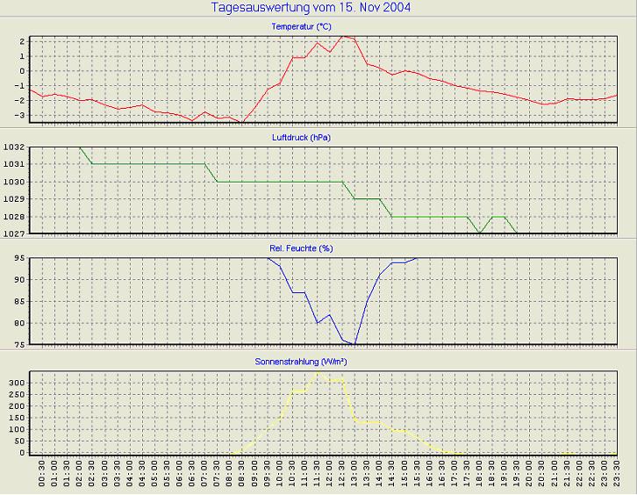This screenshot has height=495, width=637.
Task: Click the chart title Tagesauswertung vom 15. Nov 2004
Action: pyautogui.click(x=311, y=8)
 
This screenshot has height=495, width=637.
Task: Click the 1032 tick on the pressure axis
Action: pyautogui.click(x=14, y=147)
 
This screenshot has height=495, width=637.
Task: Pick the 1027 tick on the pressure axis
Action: pyautogui.click(x=14, y=234)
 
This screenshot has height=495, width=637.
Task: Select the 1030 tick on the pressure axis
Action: pyautogui.click(x=14, y=182)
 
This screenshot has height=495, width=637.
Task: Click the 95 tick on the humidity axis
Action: pyautogui.click(x=18, y=258)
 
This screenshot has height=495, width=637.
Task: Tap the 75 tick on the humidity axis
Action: pyautogui.click(x=18, y=344)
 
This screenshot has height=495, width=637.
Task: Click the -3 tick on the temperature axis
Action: pyautogui.click(x=20, y=115)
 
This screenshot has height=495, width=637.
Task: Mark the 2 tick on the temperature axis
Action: pyautogui.click(x=22, y=41)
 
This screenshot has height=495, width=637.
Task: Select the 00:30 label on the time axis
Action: pyautogui.click(x=42, y=475)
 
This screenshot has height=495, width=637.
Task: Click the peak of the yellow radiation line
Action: pyautogui.click(x=318, y=371)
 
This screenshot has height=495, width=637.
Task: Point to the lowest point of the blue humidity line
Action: pyautogui.click(x=354, y=343)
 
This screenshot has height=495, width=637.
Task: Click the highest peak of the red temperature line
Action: pyautogui.click(x=343, y=36)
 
